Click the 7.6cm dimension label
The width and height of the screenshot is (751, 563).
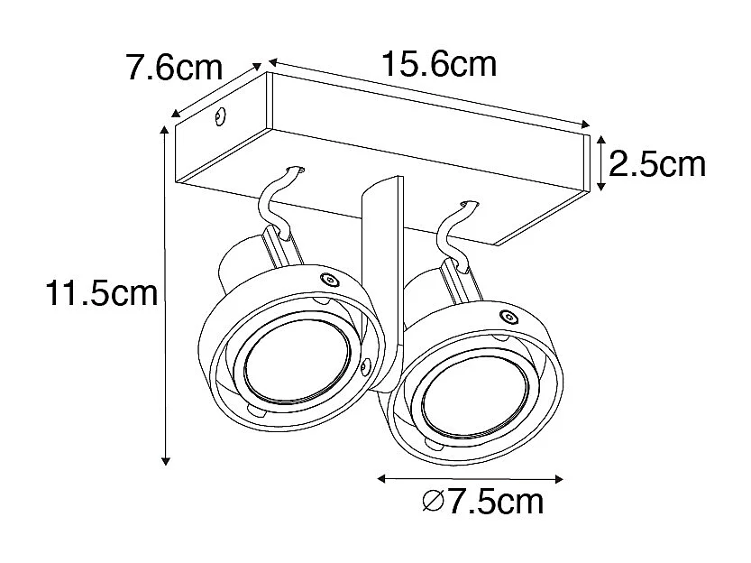[x=175, y=69]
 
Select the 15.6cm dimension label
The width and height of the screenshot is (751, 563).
[x=438, y=64]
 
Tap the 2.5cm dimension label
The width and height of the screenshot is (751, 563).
[x=656, y=163]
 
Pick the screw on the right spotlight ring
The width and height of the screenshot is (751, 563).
[x=510, y=317]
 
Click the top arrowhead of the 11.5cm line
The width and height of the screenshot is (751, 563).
[x=165, y=132]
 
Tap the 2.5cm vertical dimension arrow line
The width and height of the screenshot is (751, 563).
[x=602, y=163]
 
